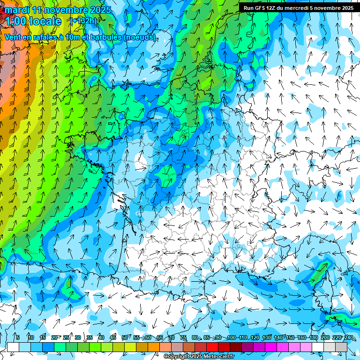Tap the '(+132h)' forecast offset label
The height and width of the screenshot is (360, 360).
click(x=83, y=21)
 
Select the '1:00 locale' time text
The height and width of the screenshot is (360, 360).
click(x=33, y=21)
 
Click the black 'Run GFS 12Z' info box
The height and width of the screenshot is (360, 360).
click(x=298, y=8)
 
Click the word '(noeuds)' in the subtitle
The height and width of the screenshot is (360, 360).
click(x=140, y=37)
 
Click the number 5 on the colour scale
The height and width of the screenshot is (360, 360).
click(x=18, y=337)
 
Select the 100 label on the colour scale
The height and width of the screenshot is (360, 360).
click(x=231, y=337)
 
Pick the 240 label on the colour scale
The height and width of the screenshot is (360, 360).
click(x=349, y=337)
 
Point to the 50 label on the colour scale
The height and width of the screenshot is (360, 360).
click(x=125, y=337)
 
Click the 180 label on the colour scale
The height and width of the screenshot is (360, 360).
click(x=313, y=337)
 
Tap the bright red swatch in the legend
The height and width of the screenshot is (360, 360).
click(x=212, y=347)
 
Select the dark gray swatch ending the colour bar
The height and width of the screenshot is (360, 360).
click(x=341, y=347)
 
